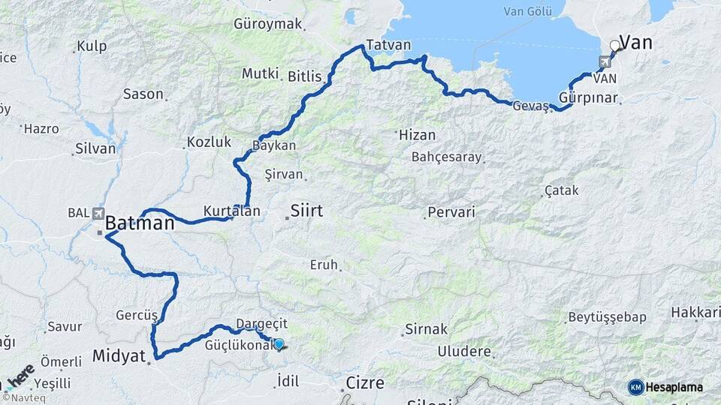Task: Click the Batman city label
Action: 140,223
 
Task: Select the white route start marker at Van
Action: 615,46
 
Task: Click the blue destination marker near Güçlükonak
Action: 279,344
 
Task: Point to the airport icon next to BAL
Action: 98,213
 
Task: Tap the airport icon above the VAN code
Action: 605,61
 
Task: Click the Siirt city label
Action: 306,211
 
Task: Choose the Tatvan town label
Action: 388,45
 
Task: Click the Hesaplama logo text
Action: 675,387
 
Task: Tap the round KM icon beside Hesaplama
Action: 636,387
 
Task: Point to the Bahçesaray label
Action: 446,157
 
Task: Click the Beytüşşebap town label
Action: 607,317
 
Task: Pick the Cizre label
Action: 365,383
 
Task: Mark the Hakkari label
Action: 695,312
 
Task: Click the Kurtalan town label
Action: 231,211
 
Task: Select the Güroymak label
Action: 267,24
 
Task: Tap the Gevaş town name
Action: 530,106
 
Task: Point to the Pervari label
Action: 451,212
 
